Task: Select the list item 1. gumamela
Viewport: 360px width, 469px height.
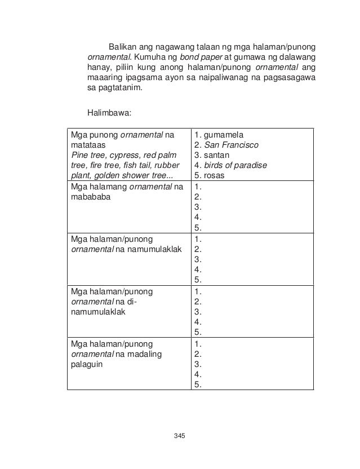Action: pyautogui.click(x=217, y=135)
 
